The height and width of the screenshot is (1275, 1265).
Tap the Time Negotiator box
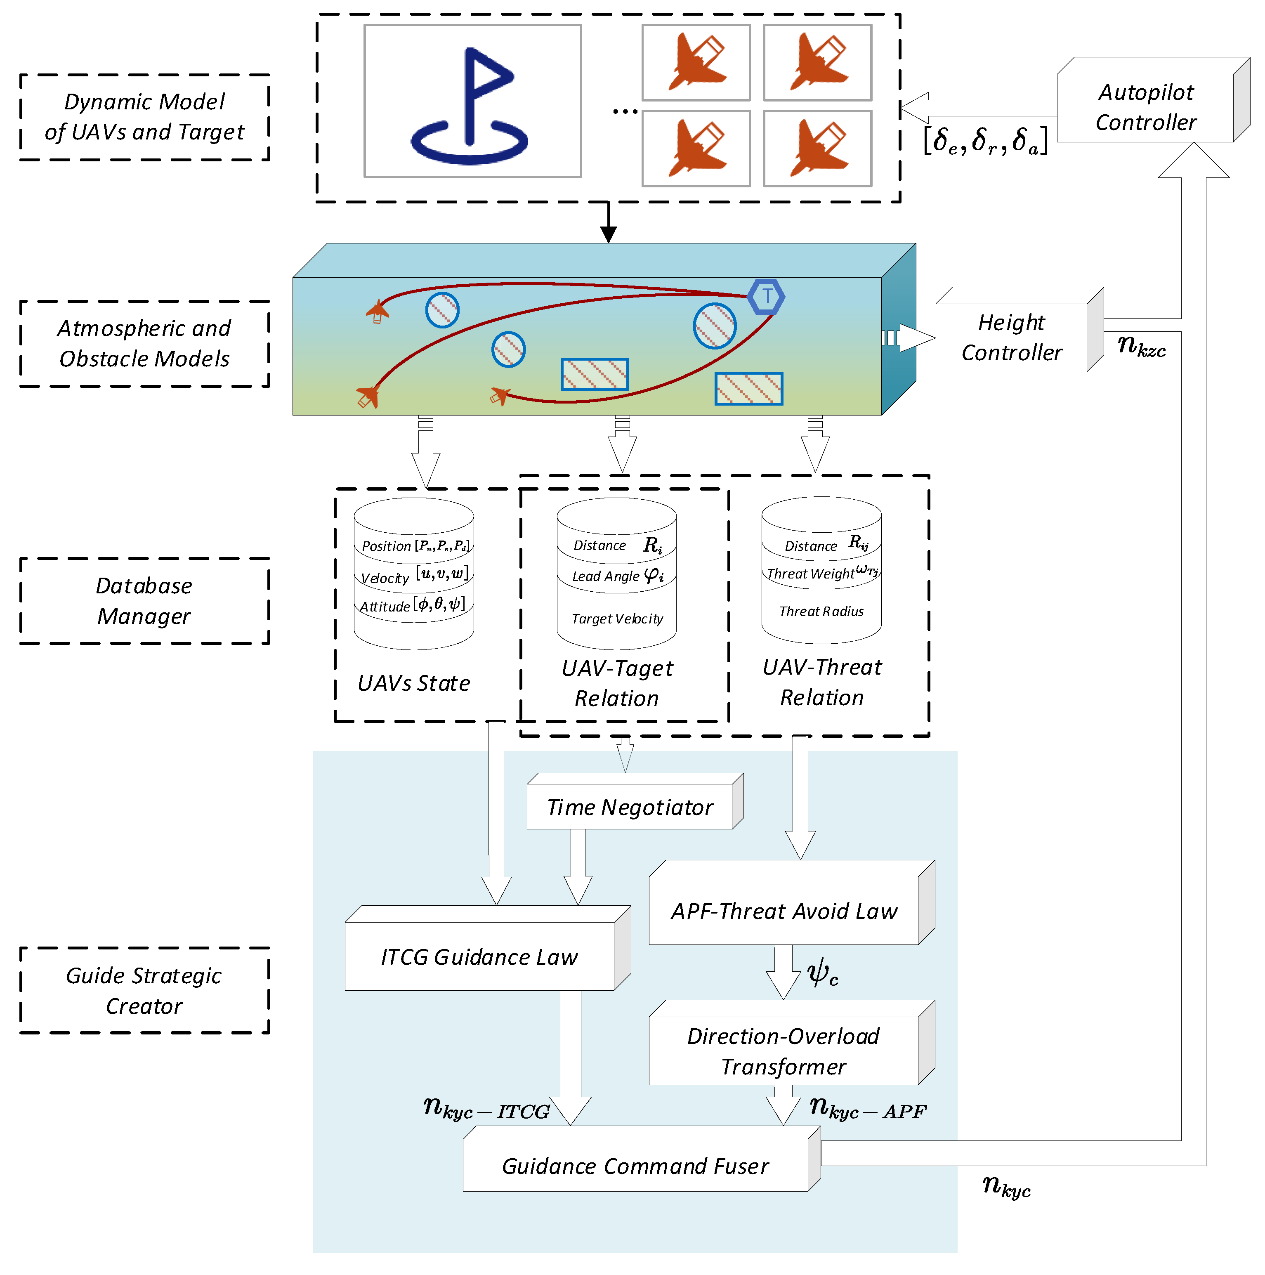coord(630,807)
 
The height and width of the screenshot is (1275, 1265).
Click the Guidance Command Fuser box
coord(635,1166)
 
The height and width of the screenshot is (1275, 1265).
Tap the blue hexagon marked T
coord(766,297)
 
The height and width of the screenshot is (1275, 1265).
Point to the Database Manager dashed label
coord(144,600)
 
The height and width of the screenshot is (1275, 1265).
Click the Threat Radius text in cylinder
coord(821,612)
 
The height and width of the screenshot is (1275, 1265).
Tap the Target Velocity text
coord(617,619)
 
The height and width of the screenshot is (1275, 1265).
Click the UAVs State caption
coord(414,683)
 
